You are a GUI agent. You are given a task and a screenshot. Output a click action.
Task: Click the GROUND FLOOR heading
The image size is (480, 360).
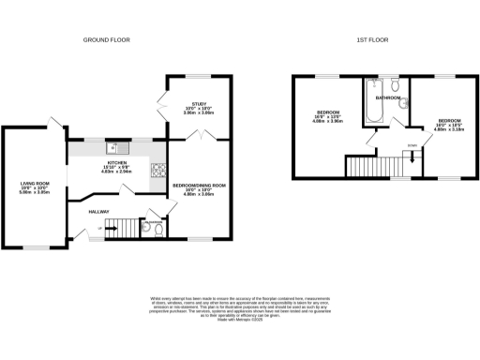106,40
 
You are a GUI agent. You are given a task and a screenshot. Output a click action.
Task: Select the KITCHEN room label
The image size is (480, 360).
115,163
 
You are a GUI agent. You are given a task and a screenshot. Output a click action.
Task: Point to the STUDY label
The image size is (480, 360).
197,105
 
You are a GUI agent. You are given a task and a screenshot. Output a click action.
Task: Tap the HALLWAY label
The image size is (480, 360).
99,211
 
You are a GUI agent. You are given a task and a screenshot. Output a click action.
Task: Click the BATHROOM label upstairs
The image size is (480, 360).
388,97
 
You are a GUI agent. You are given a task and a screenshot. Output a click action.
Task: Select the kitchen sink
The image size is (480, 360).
120,147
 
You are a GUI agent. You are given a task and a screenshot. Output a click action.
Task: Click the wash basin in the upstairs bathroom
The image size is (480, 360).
404,105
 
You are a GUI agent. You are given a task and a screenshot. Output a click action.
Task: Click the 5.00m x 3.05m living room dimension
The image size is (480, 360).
35,192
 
